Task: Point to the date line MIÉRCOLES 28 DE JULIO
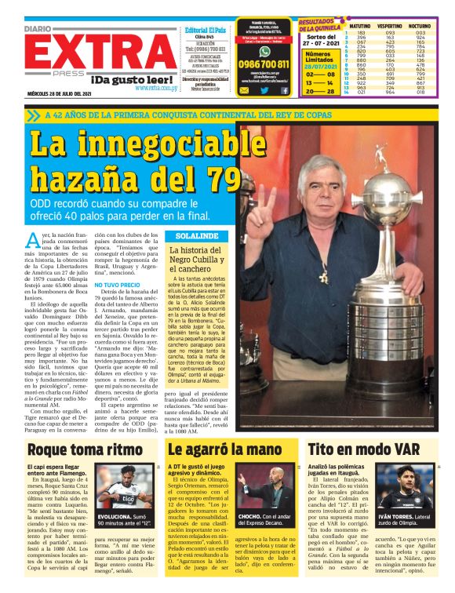pos(60,97)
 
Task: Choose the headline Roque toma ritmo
pos(75,449)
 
